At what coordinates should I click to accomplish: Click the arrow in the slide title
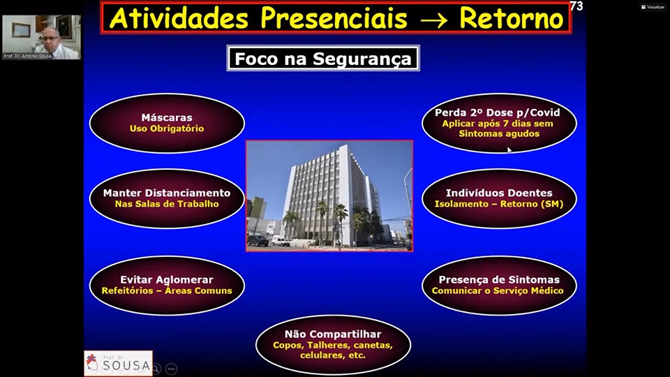point(433,20)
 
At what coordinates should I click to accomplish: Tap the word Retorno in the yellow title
point(512,18)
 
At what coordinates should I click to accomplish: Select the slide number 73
point(576,6)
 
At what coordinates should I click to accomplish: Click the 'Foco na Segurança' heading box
point(323,58)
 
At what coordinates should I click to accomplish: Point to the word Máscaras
point(167,117)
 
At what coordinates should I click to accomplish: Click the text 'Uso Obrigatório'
point(167,128)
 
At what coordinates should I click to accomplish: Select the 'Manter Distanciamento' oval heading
point(167,193)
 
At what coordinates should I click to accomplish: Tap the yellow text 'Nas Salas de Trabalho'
point(167,204)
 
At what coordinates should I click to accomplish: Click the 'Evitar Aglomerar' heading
point(167,280)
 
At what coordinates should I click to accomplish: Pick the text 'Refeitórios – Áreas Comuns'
point(167,290)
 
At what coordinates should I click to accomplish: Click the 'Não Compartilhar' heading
point(333,334)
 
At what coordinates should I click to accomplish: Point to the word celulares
point(318,355)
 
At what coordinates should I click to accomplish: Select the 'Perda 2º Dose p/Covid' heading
point(498,112)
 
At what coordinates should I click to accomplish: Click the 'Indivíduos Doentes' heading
point(499,193)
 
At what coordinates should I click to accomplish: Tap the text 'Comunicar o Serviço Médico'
point(498,290)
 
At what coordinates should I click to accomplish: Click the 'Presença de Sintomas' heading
point(499,279)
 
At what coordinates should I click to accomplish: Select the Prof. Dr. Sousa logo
point(119,363)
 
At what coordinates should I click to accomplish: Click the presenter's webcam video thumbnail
point(41,37)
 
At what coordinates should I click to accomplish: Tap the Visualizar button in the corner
point(653,7)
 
